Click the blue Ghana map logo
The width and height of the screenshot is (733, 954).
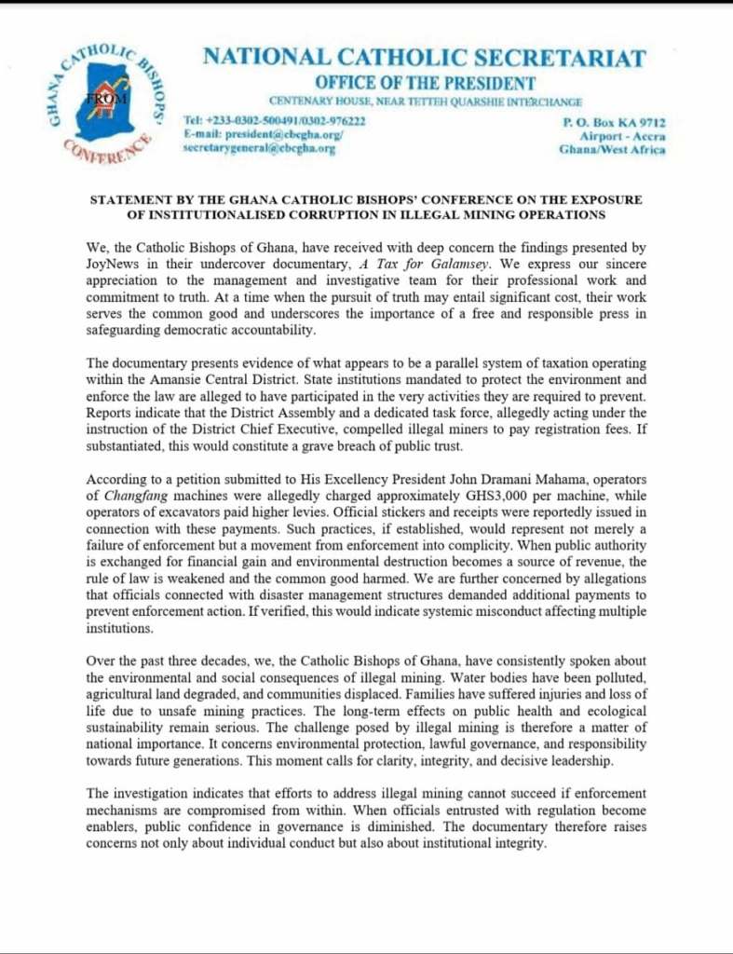point(105,107)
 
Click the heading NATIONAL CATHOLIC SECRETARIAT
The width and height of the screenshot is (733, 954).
point(424,58)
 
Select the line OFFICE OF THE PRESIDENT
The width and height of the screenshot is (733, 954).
point(424,83)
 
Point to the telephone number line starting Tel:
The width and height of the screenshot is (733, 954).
point(275,122)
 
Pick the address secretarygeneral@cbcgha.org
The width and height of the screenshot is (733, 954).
point(259,148)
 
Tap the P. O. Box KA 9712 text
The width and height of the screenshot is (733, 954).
point(614,123)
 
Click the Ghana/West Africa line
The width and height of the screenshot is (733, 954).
point(612,149)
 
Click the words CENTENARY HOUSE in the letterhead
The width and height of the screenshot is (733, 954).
point(313,101)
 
